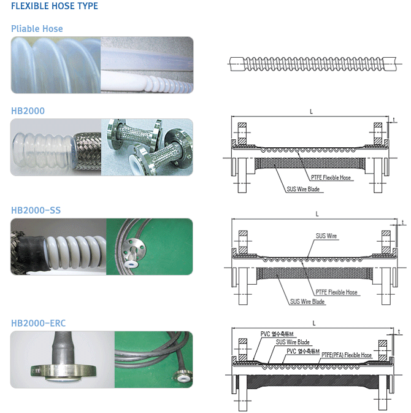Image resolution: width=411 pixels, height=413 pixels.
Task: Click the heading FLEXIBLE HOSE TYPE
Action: point(55,6)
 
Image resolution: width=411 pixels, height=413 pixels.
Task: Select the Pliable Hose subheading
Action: point(37,29)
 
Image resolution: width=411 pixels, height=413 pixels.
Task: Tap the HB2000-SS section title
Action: point(36,210)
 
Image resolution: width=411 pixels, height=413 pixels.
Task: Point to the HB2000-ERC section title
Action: point(38,323)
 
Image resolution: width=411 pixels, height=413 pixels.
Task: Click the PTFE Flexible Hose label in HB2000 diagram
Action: point(331,177)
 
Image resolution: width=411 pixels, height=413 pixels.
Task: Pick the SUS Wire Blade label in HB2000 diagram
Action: point(303,189)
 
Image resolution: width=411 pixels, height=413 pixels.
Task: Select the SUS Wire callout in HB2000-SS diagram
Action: point(326,236)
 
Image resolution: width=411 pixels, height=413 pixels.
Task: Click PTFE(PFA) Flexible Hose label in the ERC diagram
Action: point(347,355)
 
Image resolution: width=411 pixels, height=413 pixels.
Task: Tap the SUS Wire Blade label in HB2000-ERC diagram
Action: point(293,342)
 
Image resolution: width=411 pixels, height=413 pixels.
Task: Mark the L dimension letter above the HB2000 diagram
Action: point(311,112)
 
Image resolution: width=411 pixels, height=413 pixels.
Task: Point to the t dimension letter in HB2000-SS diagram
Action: point(403,223)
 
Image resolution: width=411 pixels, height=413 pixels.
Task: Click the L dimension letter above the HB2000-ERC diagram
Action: point(314,323)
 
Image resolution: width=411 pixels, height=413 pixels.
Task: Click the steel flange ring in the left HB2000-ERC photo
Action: point(63,371)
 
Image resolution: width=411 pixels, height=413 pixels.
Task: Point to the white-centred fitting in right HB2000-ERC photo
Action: point(182,378)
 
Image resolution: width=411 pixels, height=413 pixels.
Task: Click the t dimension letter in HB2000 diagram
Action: point(394,120)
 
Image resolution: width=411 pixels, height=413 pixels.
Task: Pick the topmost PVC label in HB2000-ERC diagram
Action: point(277,334)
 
